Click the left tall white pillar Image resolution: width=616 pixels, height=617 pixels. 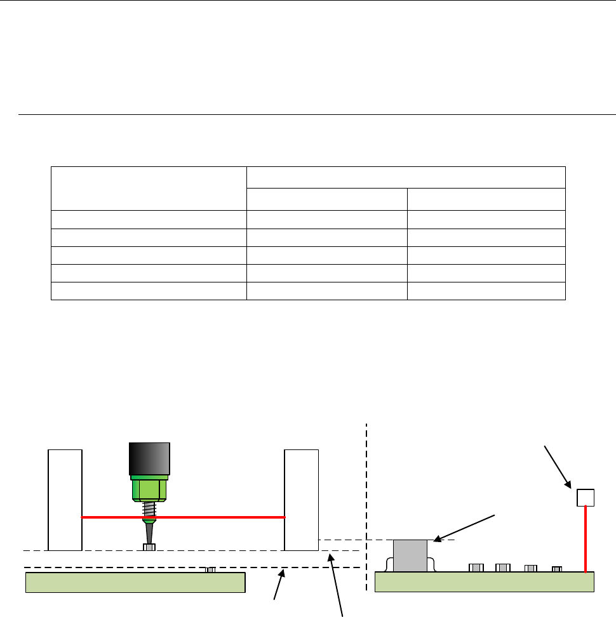click(x=65, y=500)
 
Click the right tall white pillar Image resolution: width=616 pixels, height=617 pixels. click(x=301, y=500)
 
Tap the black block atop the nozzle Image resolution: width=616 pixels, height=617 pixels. click(x=149, y=458)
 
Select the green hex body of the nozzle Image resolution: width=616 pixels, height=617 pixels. click(x=149, y=489)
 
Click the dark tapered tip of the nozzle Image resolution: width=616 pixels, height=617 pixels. click(x=149, y=531)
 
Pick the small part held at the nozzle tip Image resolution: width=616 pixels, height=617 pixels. click(x=149, y=547)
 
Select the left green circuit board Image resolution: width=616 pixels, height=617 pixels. click(x=135, y=582)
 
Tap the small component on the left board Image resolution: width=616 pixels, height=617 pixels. click(x=210, y=569)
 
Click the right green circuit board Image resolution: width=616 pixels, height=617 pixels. click(x=484, y=582)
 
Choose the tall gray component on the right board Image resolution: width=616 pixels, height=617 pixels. click(x=410, y=556)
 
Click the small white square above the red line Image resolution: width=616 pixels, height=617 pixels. click(x=585, y=497)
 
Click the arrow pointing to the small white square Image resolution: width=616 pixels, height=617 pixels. click(x=557, y=467)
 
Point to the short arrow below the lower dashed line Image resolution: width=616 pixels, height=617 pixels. click(x=279, y=585)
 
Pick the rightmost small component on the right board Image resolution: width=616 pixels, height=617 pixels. click(x=556, y=569)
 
